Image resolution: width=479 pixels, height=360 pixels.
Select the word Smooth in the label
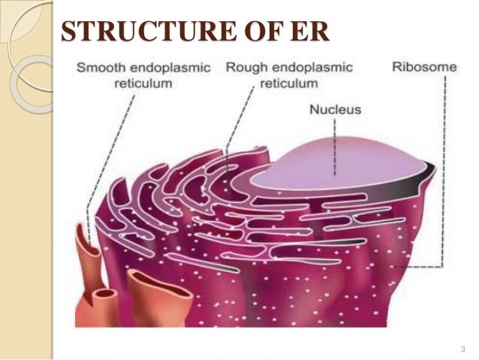(99, 68)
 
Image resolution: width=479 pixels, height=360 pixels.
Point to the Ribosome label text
(424, 67)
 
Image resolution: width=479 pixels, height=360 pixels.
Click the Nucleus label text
(336, 110)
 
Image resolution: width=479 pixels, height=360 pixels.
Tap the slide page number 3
(463, 349)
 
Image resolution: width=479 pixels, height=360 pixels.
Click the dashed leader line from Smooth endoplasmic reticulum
(105, 150)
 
